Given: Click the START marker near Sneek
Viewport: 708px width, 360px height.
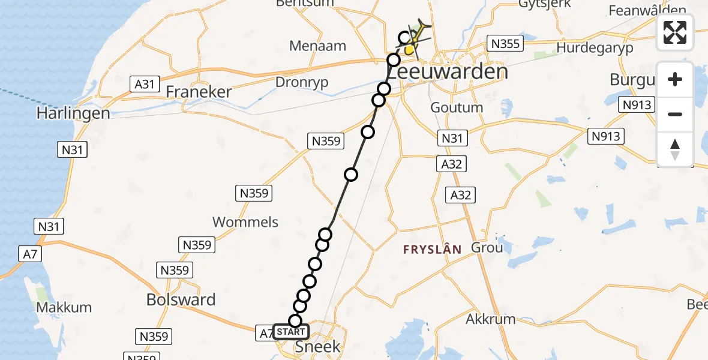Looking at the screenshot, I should (292, 332).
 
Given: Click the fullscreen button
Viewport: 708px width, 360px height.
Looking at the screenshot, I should (675, 32).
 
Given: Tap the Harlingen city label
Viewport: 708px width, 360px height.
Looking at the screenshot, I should (73, 113).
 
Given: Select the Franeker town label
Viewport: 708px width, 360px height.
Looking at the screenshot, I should (199, 92).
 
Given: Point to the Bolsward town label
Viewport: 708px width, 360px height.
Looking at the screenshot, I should (181, 300).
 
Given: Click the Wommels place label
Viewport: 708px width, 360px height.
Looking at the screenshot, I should (245, 222).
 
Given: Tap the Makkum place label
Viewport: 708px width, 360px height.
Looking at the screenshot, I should (64, 307).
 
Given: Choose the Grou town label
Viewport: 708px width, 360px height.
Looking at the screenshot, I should (487, 247).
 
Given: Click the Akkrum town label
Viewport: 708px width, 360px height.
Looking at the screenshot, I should (490, 319).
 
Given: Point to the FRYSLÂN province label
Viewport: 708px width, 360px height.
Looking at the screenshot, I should (433, 250).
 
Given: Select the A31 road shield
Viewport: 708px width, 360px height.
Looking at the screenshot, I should (144, 84).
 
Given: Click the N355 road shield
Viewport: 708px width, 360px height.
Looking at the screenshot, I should (505, 43).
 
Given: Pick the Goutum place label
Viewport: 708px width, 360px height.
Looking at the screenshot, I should (457, 107).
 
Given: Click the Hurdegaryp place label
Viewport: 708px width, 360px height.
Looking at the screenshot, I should (595, 48).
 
